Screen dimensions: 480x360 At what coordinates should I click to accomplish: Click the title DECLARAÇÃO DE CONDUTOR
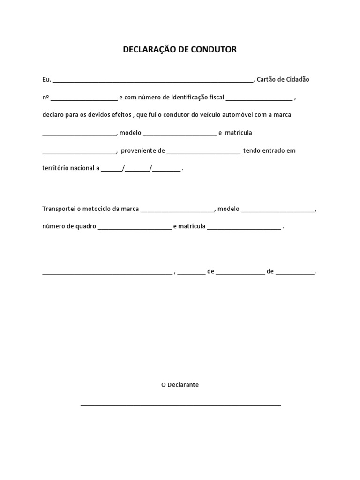(x=180, y=49)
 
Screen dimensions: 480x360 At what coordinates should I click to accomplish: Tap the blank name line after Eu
(x=153, y=81)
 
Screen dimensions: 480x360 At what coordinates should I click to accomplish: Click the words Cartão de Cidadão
(x=283, y=79)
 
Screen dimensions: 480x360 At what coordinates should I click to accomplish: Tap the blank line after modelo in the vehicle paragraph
(x=180, y=135)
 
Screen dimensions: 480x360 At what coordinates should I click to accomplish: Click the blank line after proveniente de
(x=203, y=152)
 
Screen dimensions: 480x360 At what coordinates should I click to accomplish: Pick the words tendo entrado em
(x=270, y=150)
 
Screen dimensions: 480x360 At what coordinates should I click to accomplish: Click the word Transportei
(x=59, y=209)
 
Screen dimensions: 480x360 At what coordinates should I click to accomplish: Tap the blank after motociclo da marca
(x=177, y=210)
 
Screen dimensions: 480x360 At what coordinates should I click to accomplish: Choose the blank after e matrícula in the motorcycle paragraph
(x=244, y=228)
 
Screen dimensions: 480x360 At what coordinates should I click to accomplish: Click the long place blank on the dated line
(x=107, y=273)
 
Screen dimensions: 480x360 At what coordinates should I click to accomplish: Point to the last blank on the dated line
(x=295, y=273)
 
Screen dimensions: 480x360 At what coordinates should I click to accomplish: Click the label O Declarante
(x=180, y=384)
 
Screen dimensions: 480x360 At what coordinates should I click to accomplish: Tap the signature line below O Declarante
(x=180, y=404)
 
